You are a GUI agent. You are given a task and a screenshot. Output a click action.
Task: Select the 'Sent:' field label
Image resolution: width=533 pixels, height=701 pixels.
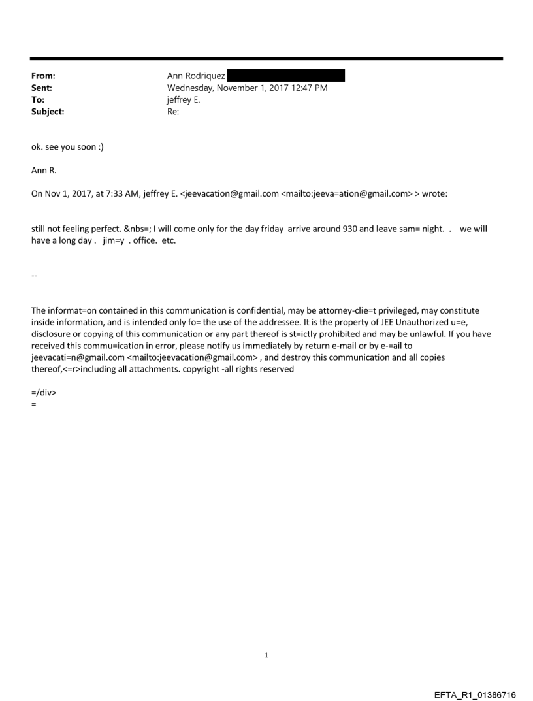pyautogui.click(x=42, y=88)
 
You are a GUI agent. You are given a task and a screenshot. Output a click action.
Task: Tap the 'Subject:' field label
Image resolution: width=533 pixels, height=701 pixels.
pyautogui.click(x=47, y=112)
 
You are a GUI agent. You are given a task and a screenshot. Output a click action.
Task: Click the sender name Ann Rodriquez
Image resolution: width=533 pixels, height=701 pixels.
pyautogui.click(x=196, y=76)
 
